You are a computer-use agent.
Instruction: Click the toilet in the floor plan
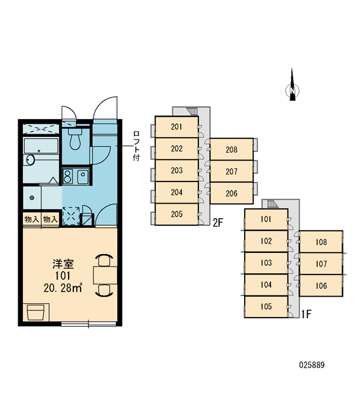pos(75,139)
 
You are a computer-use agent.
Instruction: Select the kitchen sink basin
pos(82,176)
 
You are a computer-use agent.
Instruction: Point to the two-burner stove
pos(67,176)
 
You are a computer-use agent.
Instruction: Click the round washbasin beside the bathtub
pos(29,160)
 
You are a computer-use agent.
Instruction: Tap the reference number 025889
pos(312,365)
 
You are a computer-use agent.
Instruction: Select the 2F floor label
pos(218,222)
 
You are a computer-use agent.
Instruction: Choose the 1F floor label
pos(306,314)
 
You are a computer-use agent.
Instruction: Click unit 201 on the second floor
pos(177,127)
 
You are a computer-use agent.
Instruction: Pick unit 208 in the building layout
pos(232,149)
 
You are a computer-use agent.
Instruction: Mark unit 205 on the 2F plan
pos(177,214)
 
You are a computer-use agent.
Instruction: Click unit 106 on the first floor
pos(321,286)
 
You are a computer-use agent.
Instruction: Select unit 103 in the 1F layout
pos(266,263)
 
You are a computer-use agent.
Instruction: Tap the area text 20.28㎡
pos(63,288)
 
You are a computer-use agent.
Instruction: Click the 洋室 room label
pos(63,264)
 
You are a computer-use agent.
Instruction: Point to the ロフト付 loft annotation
pos(136,146)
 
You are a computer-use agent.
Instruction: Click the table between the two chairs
pos(105,275)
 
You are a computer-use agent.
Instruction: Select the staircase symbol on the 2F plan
pos(191,111)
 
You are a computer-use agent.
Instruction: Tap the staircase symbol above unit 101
pos(272,204)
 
